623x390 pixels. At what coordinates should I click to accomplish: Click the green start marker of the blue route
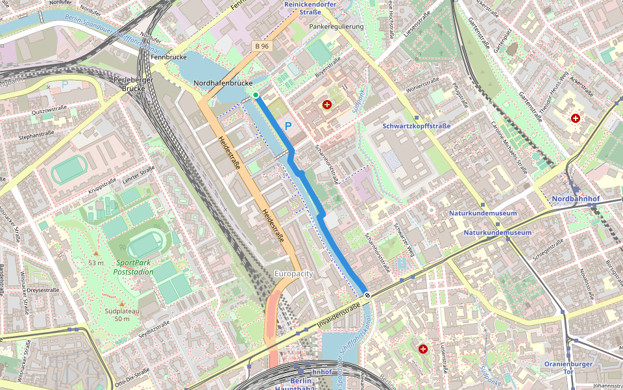tap(256, 96)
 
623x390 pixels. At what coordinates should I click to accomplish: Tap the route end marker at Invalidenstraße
tap(367, 295)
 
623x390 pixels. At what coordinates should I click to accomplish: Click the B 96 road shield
tap(262, 46)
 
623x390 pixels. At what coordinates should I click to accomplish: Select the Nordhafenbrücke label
tap(223, 84)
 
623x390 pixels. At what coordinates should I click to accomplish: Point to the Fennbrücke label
tap(169, 57)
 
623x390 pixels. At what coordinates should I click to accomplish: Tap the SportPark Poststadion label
tap(135, 267)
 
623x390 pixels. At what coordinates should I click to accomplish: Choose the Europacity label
tap(293, 274)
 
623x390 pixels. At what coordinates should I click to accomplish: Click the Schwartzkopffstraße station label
tap(417, 126)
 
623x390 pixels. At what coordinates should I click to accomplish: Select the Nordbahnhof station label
tap(576, 198)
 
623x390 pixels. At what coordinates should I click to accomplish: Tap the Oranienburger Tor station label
tap(568, 368)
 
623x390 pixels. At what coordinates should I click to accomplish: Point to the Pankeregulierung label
tap(336, 27)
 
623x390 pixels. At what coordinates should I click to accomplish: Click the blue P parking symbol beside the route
tap(288, 127)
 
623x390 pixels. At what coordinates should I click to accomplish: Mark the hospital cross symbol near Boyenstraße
tap(326, 105)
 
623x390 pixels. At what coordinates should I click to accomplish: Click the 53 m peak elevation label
tap(96, 263)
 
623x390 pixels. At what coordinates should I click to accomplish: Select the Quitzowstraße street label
tap(49, 112)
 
